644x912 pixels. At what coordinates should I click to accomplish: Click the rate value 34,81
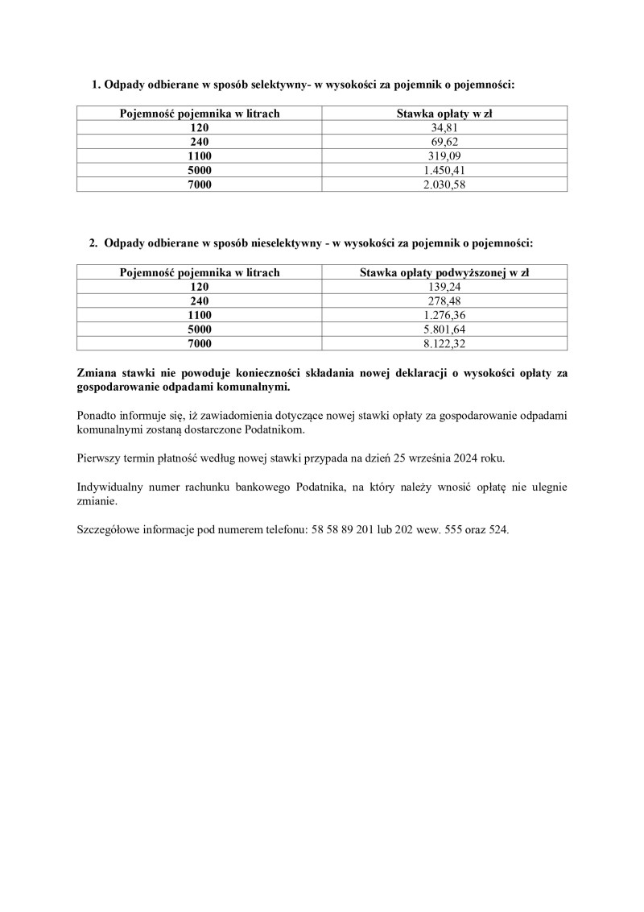click(x=444, y=128)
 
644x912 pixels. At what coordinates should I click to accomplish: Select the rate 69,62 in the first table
click(x=444, y=142)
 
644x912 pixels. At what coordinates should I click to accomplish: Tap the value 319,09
click(x=444, y=156)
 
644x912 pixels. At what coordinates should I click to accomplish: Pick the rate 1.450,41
click(x=444, y=170)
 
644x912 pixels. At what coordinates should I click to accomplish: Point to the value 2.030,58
click(x=444, y=184)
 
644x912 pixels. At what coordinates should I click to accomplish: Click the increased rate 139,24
click(x=444, y=287)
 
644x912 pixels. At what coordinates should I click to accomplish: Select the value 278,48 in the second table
click(x=444, y=301)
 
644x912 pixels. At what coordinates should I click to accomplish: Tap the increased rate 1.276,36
click(x=444, y=315)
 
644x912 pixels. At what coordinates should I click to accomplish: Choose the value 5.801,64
click(x=444, y=330)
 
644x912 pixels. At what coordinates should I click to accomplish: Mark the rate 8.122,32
click(x=444, y=343)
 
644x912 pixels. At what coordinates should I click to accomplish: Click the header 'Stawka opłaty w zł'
click(x=444, y=114)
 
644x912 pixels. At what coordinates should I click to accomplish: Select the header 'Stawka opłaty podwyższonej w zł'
click(x=444, y=273)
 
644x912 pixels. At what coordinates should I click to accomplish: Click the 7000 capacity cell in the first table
click(x=200, y=184)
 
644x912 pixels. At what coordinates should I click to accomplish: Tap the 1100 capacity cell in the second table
click(x=200, y=315)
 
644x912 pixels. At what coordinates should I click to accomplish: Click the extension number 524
click(x=498, y=531)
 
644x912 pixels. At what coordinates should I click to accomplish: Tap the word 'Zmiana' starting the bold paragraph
click(x=96, y=373)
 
